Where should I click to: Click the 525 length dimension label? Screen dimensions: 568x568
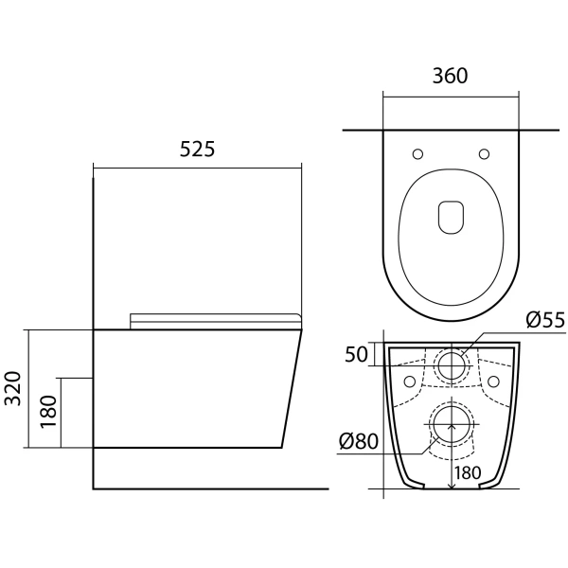point(198,149)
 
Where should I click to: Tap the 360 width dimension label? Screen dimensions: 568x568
point(451,76)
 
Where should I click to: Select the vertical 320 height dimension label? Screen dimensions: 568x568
point(15,388)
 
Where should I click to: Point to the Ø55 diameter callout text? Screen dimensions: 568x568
point(545,320)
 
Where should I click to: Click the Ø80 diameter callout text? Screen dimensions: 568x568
point(359,441)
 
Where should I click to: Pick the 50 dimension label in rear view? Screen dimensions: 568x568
point(356,354)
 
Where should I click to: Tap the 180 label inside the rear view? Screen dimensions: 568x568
point(468,472)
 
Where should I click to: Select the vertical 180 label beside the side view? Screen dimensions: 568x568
point(49,412)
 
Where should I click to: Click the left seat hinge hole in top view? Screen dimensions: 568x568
point(417,154)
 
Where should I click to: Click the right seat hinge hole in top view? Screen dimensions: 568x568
point(485,154)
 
